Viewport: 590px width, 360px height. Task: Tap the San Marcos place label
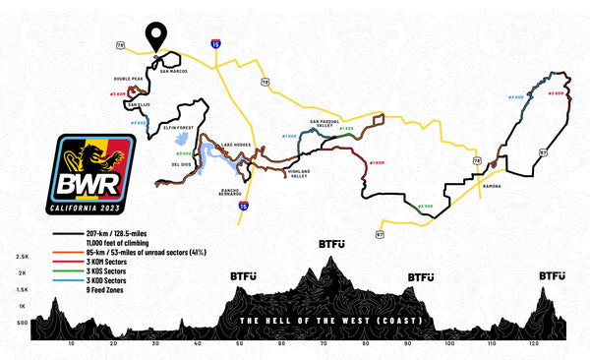coord(173,71)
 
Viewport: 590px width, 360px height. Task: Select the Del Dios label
coord(180,164)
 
